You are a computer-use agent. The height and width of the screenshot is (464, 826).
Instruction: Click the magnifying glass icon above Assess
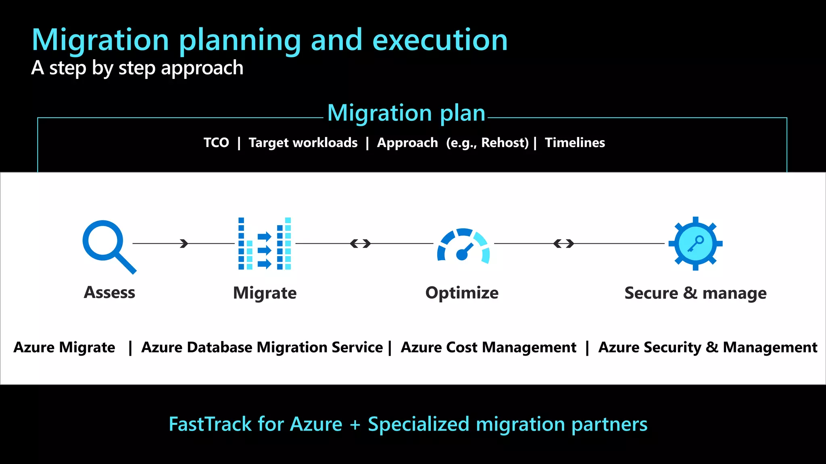[107, 245]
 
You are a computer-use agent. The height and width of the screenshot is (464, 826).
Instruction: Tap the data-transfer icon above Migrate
[265, 244]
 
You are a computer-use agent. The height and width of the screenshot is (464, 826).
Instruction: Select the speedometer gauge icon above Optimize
[463, 246]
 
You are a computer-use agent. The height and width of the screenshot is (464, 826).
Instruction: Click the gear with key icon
[695, 243]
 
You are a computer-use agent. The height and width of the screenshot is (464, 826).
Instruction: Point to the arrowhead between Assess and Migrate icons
[184, 243]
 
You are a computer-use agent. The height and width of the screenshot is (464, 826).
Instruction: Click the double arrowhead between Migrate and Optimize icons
[360, 243]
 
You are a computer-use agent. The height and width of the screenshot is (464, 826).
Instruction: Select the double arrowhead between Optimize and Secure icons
[563, 243]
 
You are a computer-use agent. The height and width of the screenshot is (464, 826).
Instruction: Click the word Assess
[109, 292]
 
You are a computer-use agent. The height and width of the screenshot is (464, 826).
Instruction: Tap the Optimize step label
[462, 293]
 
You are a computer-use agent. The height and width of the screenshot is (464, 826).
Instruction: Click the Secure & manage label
[695, 293]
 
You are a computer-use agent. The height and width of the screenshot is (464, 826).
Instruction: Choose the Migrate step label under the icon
[265, 293]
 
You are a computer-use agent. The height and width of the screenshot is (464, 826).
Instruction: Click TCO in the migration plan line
[216, 143]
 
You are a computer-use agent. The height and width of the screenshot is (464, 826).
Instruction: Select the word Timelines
[575, 143]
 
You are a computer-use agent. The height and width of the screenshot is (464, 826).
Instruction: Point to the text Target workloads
[303, 143]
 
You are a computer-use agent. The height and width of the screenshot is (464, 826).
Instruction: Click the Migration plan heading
[406, 113]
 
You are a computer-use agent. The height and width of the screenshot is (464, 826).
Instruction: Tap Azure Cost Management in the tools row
[488, 347]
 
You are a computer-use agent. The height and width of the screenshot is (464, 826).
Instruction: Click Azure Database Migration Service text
[262, 347]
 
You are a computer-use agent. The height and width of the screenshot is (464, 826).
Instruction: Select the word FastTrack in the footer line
[210, 424]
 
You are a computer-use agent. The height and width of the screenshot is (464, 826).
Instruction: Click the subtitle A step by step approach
[137, 68]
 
